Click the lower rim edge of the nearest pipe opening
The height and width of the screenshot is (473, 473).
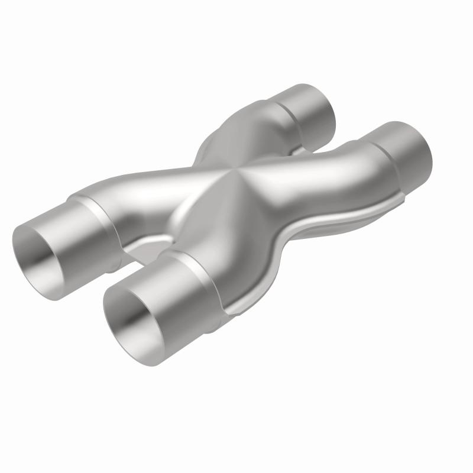[142, 355]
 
